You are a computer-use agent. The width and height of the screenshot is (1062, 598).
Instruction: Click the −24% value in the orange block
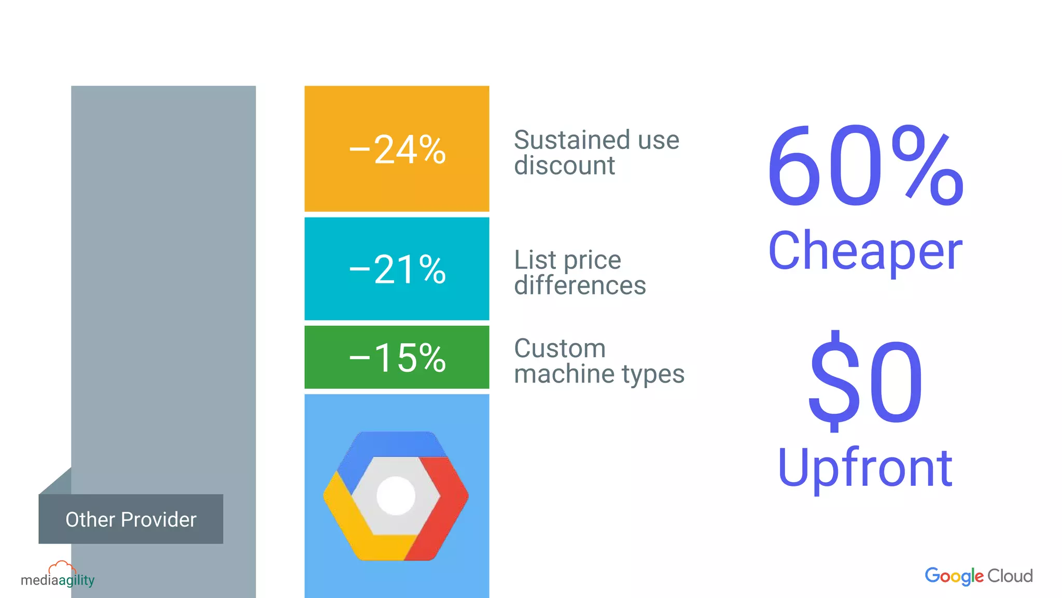[x=397, y=150]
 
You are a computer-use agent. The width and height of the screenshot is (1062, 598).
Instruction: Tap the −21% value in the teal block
[x=397, y=269]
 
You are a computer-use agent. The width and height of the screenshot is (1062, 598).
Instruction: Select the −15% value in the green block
[x=397, y=358]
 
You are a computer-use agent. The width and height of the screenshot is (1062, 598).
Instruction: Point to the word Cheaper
[x=865, y=252]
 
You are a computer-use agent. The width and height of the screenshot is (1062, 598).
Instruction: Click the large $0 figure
[x=865, y=382]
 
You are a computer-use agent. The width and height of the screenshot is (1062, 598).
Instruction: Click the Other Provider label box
[x=131, y=519]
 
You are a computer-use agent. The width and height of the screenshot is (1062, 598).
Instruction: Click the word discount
[x=564, y=166]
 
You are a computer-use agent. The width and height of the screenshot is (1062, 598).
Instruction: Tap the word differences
[x=580, y=285]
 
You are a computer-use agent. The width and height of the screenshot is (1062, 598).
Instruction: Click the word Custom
[x=560, y=348]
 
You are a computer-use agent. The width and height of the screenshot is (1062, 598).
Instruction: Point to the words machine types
[x=599, y=374]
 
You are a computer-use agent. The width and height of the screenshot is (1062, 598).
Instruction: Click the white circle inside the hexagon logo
[x=396, y=496]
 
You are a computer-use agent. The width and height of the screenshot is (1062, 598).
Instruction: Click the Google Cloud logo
[x=979, y=576]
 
